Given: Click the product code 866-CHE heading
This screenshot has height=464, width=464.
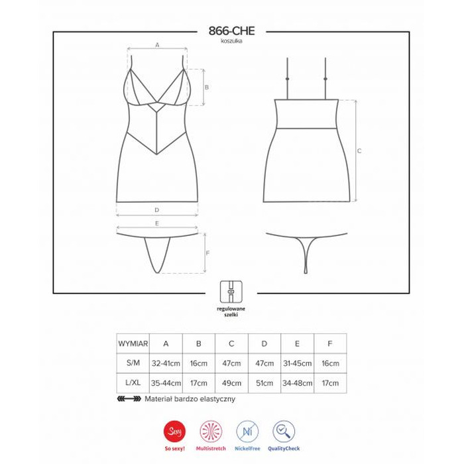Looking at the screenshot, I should click(232, 31).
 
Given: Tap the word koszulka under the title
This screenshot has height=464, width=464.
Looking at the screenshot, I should click(232, 42).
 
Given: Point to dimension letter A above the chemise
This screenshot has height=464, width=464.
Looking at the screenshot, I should click(158, 44).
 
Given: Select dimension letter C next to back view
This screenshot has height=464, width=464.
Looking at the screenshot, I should click(359, 151).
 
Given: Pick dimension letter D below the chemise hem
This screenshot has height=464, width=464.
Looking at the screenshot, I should click(156, 210).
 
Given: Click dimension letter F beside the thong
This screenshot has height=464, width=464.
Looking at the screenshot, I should click(208, 253).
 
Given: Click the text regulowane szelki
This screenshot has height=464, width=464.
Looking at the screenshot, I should click(232, 313).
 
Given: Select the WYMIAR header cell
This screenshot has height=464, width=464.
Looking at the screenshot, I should click(133, 343).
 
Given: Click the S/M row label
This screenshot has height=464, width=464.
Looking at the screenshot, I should click(133, 363).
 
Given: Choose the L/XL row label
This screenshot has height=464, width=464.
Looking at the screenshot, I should click(133, 383).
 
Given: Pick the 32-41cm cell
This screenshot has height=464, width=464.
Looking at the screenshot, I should click(166, 363).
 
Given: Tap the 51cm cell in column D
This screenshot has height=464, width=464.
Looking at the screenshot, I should click(264, 383).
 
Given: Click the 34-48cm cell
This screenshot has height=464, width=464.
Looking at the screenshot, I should click(297, 383).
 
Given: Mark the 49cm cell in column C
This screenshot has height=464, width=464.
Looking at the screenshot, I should click(231, 383).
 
